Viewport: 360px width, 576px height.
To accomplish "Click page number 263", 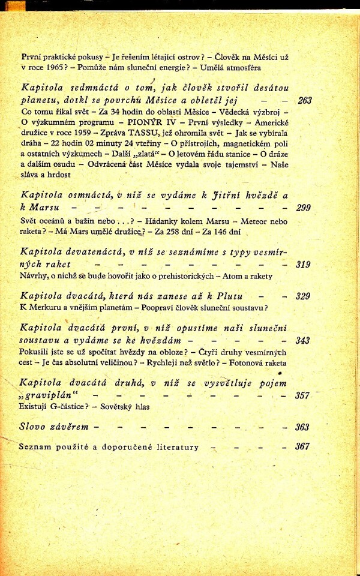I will point(305,101).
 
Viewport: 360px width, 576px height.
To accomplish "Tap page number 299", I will point(304,208).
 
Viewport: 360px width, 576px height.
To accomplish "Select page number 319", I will point(304,264).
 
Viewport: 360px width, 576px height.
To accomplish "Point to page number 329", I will point(304,296).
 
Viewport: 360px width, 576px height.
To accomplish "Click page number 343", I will point(304,341).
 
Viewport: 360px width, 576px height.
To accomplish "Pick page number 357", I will point(304,396).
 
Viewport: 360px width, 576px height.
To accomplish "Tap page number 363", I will point(303,427).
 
